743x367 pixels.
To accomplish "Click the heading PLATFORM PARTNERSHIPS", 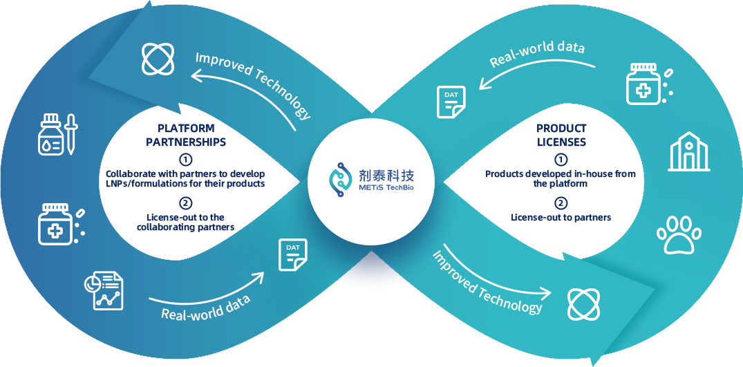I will [x=186, y=135].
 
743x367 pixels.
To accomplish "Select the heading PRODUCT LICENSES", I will [x=561, y=135].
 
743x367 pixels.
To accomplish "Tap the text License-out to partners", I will [x=561, y=217].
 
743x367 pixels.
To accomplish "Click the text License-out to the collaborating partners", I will [x=186, y=222].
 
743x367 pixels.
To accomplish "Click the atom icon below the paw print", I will [x=583, y=304].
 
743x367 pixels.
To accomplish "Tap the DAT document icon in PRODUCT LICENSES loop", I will [x=451, y=102].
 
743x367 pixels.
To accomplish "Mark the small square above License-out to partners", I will [x=561, y=203].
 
